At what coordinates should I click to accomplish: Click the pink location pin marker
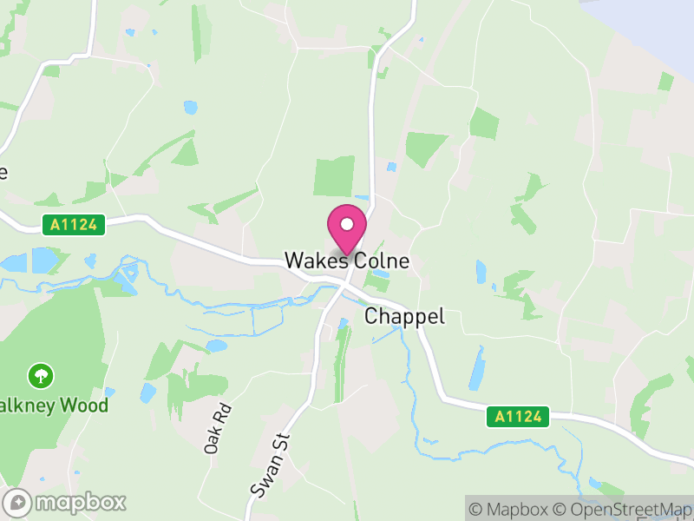click(347, 229)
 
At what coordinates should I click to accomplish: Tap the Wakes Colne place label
click(347, 260)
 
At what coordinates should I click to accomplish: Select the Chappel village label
click(404, 317)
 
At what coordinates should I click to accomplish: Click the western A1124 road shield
click(74, 226)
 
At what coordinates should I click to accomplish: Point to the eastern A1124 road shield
click(518, 417)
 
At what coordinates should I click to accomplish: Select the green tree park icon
click(40, 376)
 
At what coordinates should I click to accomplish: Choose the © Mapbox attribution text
click(510, 509)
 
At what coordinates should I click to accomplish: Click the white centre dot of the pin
click(347, 224)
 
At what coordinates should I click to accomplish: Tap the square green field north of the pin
click(334, 176)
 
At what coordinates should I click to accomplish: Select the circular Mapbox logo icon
click(18, 502)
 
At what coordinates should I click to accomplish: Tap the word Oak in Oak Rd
click(212, 440)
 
